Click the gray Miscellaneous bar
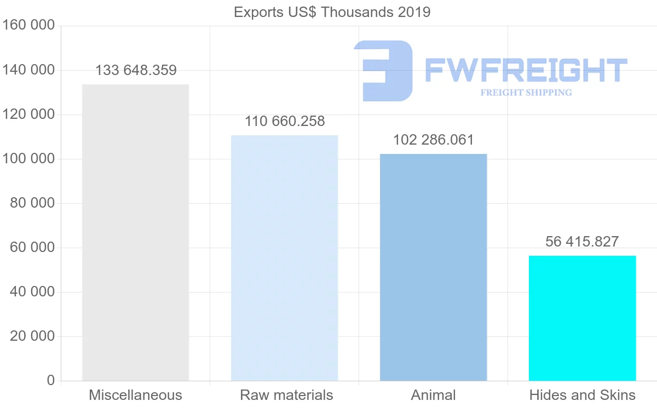click(135, 232)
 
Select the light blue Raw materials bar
click(284, 257)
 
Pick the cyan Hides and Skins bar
click(582, 318)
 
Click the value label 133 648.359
click(136, 71)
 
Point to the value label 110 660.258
click(285, 122)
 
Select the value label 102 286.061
click(433, 140)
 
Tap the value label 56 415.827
click(582, 242)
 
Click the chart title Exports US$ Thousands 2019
click(332, 12)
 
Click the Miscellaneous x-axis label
click(135, 395)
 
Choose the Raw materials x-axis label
click(286, 395)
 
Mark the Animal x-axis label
click(433, 395)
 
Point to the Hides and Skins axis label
click(582, 395)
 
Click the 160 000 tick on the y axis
click(28, 26)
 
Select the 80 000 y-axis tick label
click(32, 203)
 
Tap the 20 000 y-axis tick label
click(32, 336)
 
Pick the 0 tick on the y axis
click(51, 381)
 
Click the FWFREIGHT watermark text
click(526, 70)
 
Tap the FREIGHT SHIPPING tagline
click(526, 93)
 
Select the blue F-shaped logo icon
click(383, 71)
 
